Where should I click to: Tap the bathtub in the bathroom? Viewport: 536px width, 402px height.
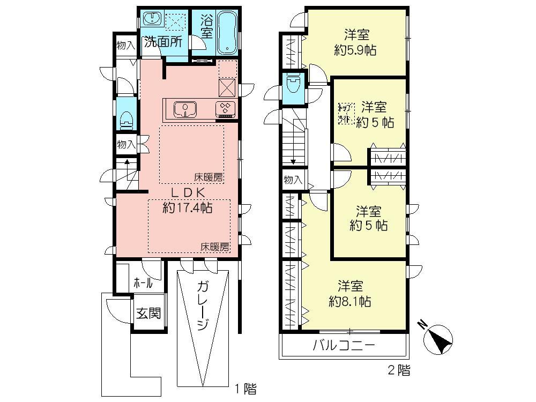click(228, 33)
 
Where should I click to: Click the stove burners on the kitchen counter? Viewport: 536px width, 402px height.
click(225, 109)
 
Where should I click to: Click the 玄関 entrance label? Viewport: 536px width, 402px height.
click(147, 313)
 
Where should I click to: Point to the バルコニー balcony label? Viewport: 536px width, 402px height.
click(344, 345)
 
